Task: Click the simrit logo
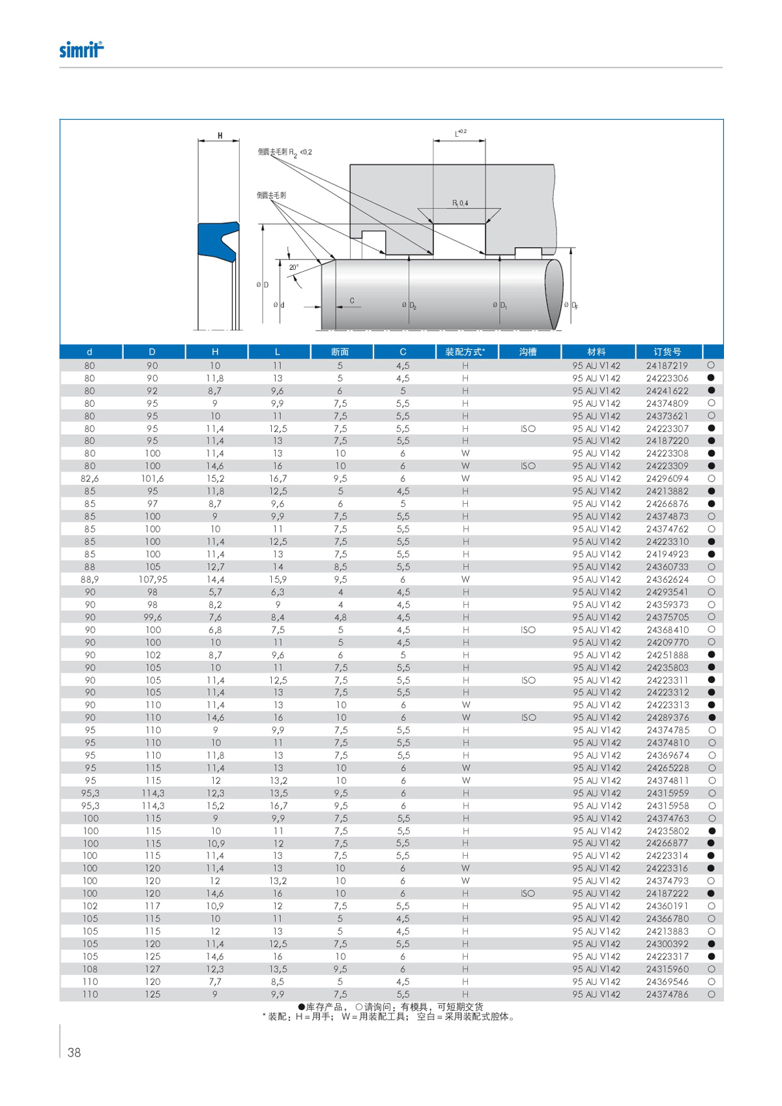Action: click(x=81, y=50)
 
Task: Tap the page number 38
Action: click(x=74, y=1053)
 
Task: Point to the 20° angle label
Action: click(x=294, y=267)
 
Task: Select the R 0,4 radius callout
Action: click(x=460, y=203)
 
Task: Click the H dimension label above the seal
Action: click(x=220, y=136)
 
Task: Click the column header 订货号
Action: click(x=667, y=352)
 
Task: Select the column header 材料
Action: click(x=596, y=352)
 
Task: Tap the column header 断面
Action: click(x=340, y=352)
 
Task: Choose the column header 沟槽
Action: click(x=528, y=352)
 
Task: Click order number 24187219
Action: click(x=667, y=366)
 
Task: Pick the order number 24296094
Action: click(x=667, y=478)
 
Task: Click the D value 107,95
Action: click(x=152, y=579)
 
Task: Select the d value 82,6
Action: click(x=90, y=478)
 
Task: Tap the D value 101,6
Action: click(x=152, y=478)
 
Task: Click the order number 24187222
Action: click(x=667, y=894)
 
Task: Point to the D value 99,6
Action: click(x=152, y=617)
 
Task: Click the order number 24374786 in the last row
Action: click(x=667, y=995)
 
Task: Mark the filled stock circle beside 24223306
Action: click(x=711, y=378)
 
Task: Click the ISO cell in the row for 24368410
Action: click(x=528, y=630)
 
